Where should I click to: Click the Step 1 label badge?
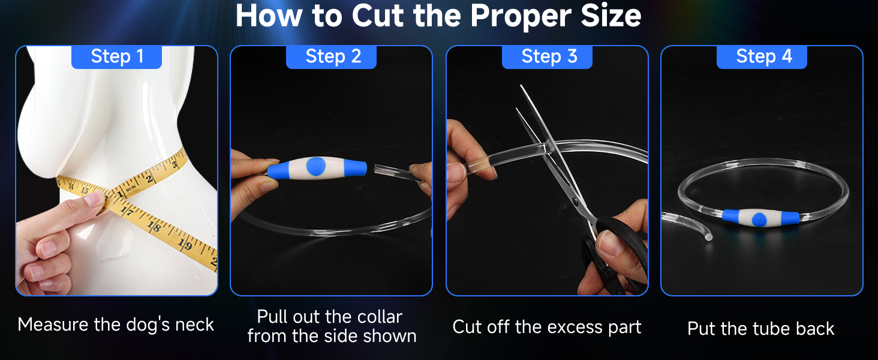click(116, 57)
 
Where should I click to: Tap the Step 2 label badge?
click(331, 57)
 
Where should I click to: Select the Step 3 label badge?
click(547, 57)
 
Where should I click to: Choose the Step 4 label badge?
click(762, 57)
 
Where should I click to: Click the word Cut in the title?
click(378, 16)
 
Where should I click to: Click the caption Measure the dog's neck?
click(116, 325)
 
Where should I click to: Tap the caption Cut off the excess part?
click(547, 327)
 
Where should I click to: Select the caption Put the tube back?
click(761, 329)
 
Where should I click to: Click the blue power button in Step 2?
click(316, 167)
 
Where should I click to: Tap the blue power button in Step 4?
click(759, 220)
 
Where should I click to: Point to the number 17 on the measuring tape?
click(127, 211)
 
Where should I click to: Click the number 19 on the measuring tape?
click(184, 244)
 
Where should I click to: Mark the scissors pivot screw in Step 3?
click(576, 202)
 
